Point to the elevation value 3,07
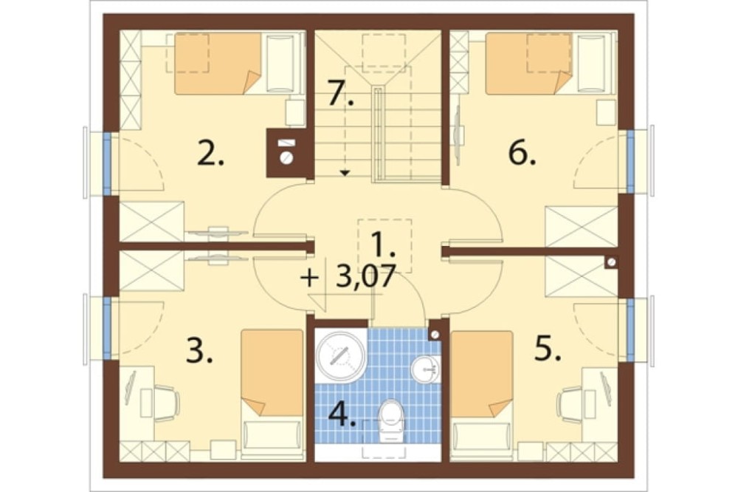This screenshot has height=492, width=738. click(365, 276)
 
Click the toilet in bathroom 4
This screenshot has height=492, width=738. click(392, 421)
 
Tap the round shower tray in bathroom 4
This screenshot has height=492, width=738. click(340, 355)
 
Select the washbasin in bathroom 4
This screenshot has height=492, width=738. click(426, 369)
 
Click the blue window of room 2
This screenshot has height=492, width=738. click(107, 163)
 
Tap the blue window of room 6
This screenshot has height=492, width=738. click(631, 162)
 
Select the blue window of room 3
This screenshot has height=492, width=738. click(107, 329)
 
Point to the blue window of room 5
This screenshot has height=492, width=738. click(631, 330)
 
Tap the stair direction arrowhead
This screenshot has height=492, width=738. click(345, 173)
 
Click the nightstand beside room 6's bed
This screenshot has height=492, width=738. click(606, 112)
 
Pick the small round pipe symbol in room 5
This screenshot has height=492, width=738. click(611, 263)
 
